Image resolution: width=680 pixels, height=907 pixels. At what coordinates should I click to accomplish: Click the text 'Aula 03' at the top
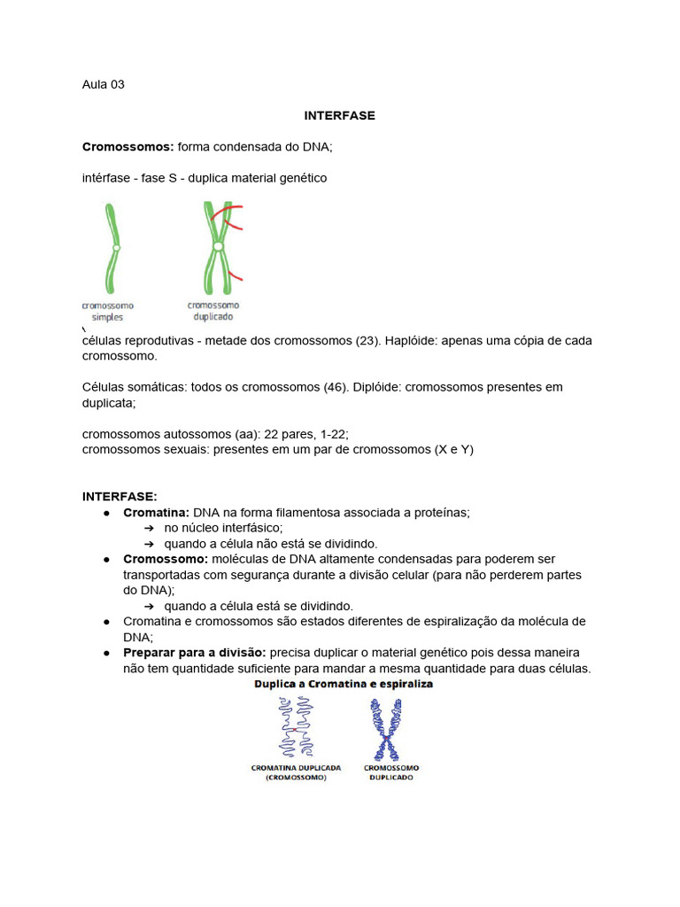(x=103, y=85)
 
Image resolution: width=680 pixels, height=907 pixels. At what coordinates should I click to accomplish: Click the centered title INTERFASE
(x=339, y=116)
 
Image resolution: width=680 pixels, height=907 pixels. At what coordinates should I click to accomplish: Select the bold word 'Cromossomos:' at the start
(x=127, y=147)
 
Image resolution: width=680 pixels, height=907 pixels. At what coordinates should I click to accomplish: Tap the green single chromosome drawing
(x=112, y=248)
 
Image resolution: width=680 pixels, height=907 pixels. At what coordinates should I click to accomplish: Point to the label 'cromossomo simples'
(x=108, y=311)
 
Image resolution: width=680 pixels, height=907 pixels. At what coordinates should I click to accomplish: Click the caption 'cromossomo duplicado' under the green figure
(x=213, y=311)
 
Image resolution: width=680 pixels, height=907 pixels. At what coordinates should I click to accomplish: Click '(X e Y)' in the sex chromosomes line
(x=453, y=450)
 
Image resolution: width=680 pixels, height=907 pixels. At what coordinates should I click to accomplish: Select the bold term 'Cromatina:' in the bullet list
(x=157, y=513)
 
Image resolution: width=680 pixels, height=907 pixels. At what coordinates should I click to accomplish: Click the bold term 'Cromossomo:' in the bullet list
(x=166, y=560)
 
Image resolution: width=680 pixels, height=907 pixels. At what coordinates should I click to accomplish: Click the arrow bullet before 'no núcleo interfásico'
(x=149, y=529)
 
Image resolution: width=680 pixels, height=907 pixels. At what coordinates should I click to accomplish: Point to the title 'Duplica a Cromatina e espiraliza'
(x=343, y=686)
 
